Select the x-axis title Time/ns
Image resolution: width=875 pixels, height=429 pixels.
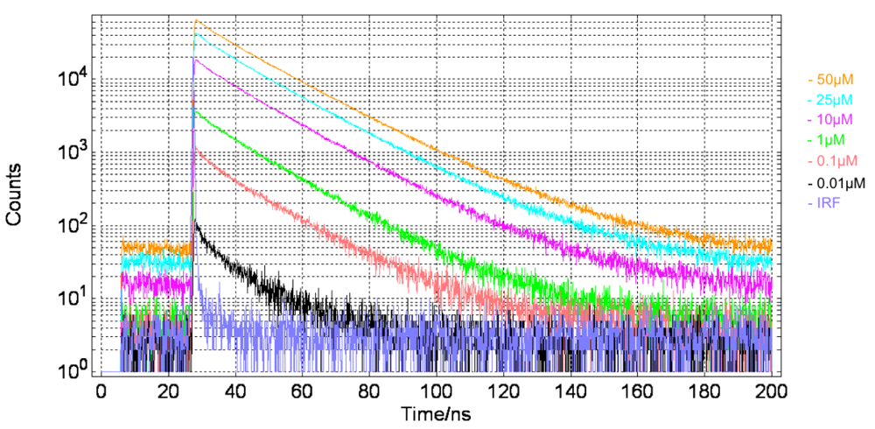click(x=437, y=411)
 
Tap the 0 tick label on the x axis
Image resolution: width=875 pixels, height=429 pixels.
click(x=101, y=390)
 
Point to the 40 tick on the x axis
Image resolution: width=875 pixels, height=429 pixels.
click(x=235, y=390)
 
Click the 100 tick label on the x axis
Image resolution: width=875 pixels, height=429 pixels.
click(x=436, y=390)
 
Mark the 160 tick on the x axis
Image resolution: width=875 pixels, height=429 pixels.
click(x=637, y=390)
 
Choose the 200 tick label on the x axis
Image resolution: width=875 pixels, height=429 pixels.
click(x=771, y=390)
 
